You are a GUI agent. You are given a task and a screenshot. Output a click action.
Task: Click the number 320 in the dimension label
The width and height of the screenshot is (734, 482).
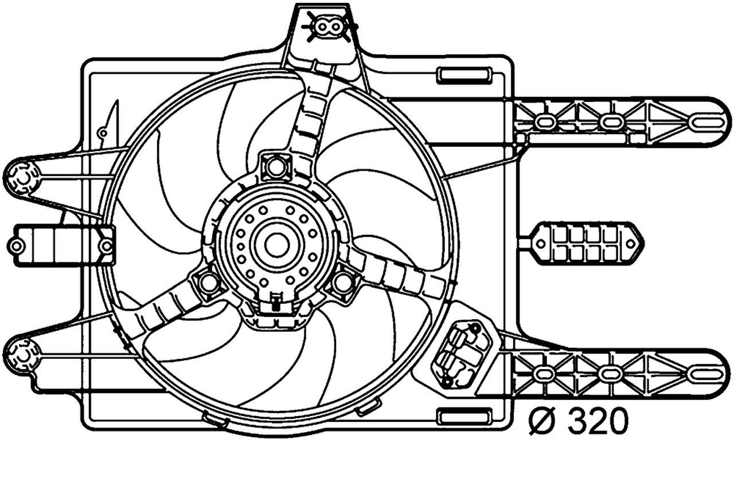598,422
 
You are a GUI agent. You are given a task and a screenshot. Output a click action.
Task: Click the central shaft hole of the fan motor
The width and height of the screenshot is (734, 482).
277,245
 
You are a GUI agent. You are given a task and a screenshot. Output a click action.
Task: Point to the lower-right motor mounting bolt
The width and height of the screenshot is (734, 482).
343,282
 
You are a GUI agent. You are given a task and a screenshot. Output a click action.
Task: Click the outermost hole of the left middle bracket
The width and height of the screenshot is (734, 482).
17,246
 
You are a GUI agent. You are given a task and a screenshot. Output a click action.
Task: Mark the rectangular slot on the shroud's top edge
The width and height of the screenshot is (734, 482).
464,75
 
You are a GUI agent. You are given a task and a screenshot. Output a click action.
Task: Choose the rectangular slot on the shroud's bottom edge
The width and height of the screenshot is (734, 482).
464,416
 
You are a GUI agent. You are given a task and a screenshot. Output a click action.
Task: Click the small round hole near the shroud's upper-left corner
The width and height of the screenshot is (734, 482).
103,134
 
